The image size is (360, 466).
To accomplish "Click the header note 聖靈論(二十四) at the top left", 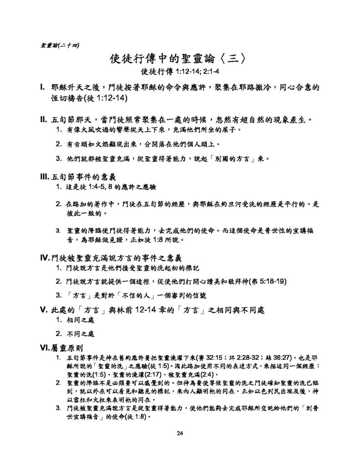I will pyautogui.click(x=60, y=45).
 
